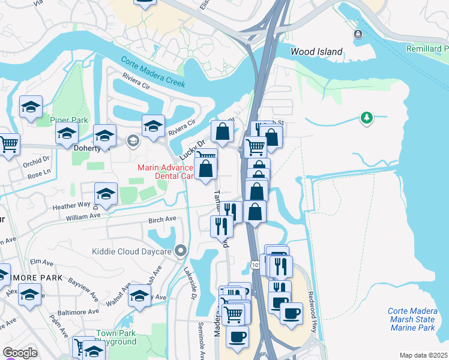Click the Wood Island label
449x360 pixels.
316,52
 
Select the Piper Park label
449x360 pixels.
69,120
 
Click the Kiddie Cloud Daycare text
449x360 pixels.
131,251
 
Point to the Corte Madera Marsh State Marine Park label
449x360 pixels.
411,319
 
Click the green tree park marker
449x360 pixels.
366,118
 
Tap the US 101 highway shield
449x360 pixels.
254,265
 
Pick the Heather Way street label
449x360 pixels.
71,205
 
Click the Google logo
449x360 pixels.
20,353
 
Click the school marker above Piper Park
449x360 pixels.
31,107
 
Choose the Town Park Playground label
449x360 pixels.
116,337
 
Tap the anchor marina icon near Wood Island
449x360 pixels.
358,34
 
